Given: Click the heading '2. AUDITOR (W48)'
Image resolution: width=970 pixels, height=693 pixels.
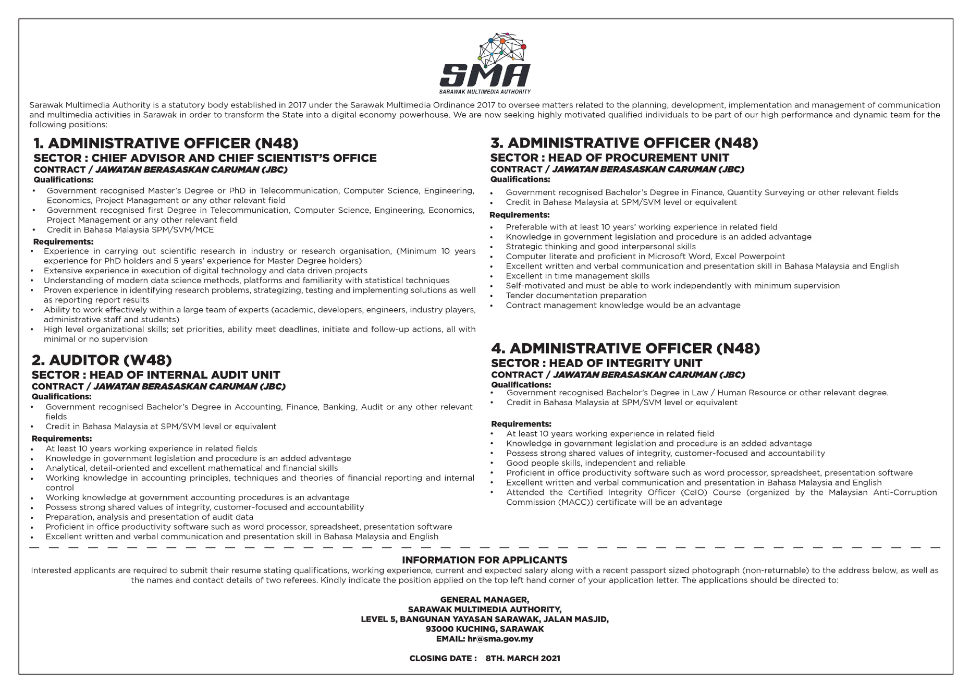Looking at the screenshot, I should click(x=102, y=360).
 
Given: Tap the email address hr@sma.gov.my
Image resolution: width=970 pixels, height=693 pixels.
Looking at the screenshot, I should click(x=500, y=639).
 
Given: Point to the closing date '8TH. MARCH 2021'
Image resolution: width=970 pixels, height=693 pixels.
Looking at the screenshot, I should click(x=522, y=659).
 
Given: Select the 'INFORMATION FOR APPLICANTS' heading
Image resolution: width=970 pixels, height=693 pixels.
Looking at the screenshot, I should click(x=484, y=560).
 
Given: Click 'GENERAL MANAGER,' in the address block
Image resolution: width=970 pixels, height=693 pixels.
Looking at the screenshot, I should click(x=484, y=600).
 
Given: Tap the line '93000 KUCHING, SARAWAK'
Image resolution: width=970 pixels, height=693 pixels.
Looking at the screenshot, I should click(x=484, y=629).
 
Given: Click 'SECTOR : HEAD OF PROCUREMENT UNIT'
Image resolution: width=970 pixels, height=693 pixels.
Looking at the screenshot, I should click(x=609, y=157).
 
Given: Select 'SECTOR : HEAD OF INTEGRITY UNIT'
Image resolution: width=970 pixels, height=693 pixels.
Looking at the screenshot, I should click(x=596, y=363).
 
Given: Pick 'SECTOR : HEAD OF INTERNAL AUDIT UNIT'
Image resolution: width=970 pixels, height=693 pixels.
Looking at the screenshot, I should click(x=156, y=375).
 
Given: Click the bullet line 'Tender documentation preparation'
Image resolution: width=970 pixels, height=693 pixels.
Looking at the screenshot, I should click(x=576, y=296).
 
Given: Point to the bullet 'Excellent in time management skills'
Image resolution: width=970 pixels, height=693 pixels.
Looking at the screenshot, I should click(x=578, y=276).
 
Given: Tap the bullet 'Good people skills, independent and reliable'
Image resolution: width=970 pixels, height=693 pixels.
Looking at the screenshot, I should click(x=595, y=463).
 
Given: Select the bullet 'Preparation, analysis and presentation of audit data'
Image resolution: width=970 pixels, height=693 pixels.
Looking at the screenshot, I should click(x=149, y=517).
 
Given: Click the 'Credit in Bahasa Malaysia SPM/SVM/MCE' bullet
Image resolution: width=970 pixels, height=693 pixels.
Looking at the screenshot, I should click(x=130, y=230).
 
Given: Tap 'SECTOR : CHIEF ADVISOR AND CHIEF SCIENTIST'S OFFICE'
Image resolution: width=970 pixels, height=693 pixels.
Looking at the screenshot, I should click(x=205, y=158).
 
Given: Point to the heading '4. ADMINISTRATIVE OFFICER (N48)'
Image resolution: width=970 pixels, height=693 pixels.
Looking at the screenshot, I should click(x=625, y=348).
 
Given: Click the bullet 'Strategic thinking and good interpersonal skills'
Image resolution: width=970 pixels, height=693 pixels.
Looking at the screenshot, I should click(x=600, y=247).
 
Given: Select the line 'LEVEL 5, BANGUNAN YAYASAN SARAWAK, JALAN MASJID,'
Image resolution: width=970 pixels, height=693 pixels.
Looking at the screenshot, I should click(x=484, y=619).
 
